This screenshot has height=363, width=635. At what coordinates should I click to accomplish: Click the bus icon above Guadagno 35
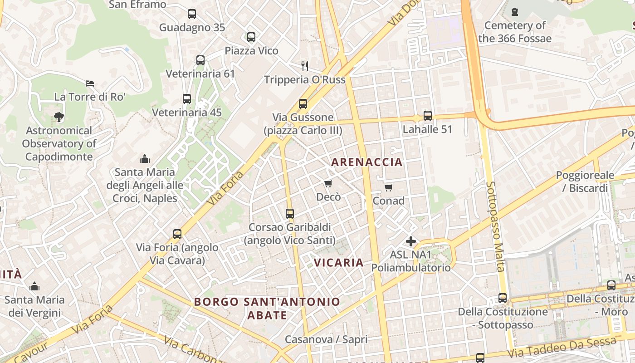(x=192, y=14)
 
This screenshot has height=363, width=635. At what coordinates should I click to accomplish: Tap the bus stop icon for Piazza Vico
(x=251, y=37)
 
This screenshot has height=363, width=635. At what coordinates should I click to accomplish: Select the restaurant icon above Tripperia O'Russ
(x=305, y=66)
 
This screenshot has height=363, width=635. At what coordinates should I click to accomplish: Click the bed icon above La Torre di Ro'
(x=90, y=83)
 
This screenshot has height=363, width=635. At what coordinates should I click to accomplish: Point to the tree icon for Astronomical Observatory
(x=59, y=117)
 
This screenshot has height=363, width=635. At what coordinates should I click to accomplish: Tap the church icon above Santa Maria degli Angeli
(x=145, y=159)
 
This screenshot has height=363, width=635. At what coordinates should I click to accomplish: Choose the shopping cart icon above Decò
(x=328, y=183)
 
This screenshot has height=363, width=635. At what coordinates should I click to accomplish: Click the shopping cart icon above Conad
(x=388, y=187)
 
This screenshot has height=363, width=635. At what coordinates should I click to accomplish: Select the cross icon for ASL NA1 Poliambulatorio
(x=411, y=241)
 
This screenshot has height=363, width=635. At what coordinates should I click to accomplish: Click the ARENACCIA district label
(x=367, y=162)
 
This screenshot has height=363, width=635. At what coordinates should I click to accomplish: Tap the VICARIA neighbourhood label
(x=338, y=262)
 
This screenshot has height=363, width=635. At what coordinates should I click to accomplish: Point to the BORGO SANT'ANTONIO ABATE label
(x=267, y=308)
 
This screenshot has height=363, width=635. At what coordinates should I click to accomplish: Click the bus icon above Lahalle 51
(x=428, y=116)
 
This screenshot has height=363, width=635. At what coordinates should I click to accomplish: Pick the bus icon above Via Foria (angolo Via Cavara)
(x=177, y=234)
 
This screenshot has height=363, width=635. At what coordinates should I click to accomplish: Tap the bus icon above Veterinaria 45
(x=187, y=99)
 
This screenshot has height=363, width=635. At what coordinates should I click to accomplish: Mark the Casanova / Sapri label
(x=326, y=339)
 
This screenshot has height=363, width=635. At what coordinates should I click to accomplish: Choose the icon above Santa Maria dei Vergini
(x=34, y=286)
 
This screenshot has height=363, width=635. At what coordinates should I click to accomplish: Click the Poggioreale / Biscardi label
(x=585, y=181)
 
